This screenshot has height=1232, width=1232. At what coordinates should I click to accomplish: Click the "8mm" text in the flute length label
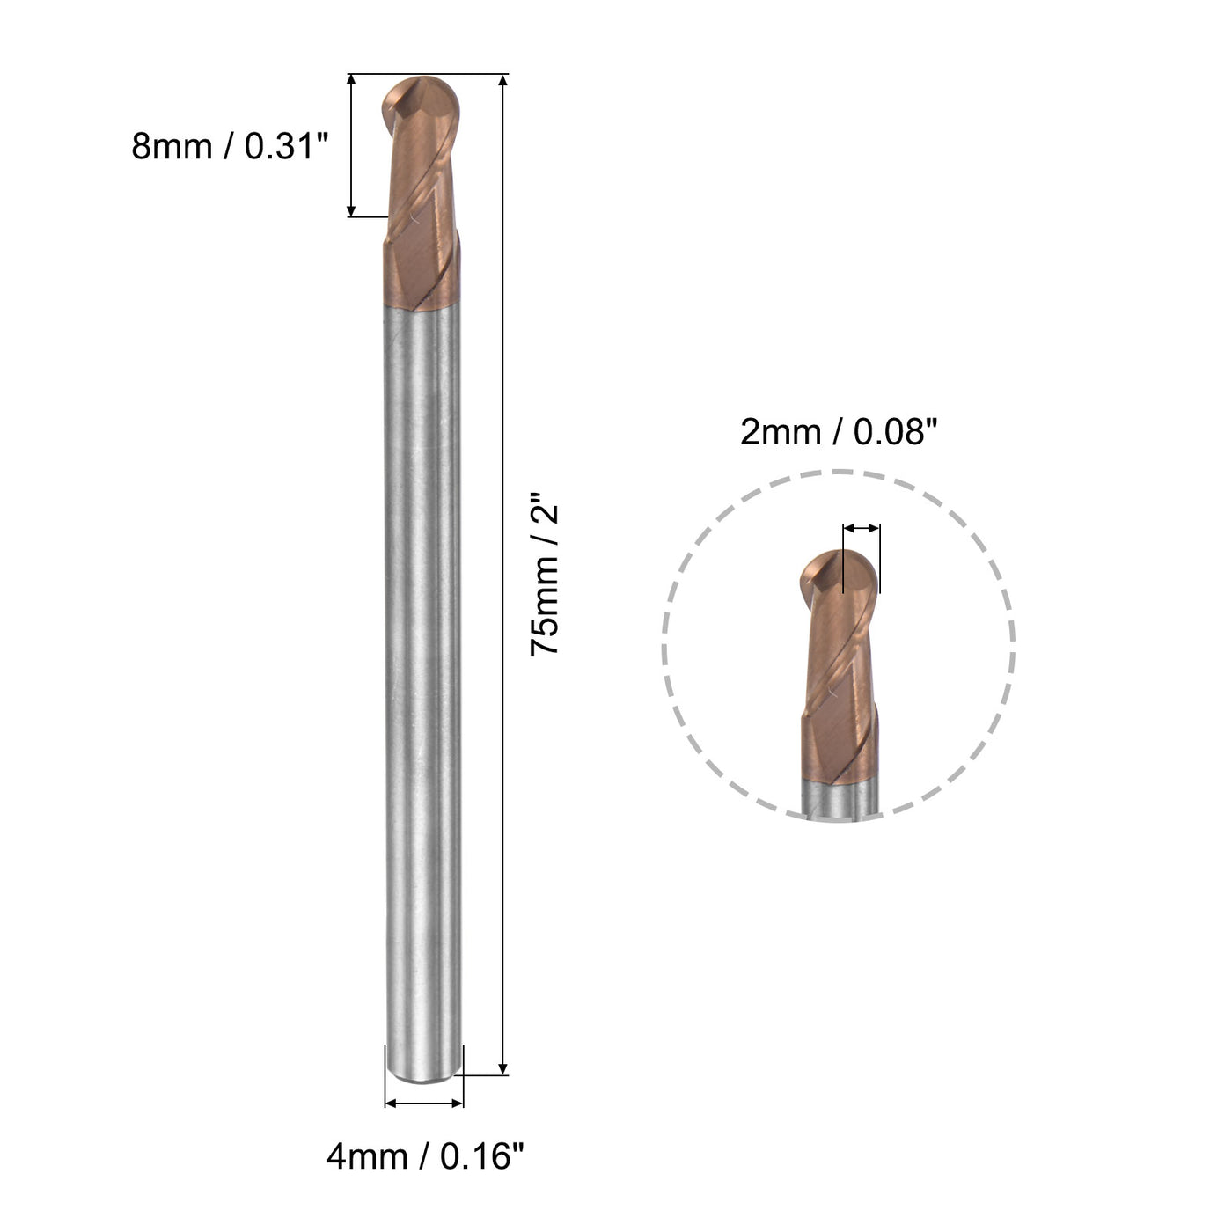click(x=172, y=146)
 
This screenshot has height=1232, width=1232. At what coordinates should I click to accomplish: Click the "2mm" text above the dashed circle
click(x=777, y=432)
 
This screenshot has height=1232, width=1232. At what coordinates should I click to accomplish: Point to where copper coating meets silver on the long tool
click(x=423, y=306)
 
